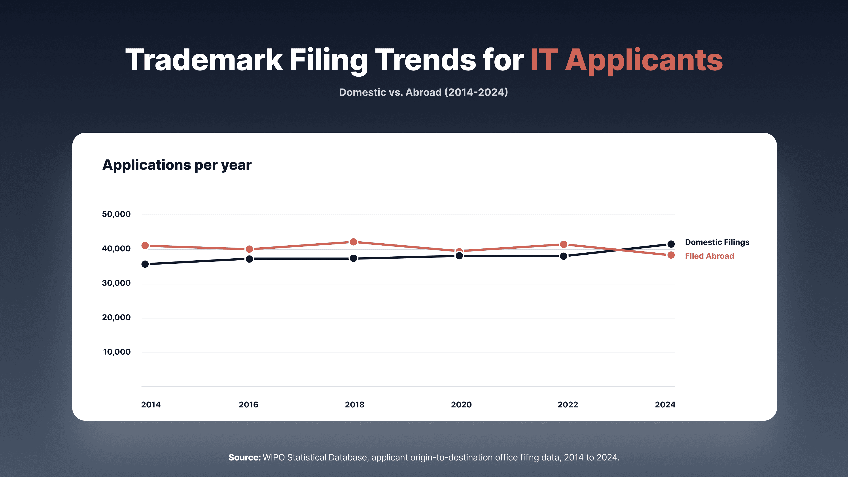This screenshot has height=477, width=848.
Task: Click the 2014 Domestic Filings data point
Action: (x=145, y=264)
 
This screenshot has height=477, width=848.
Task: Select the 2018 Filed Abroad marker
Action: (x=353, y=242)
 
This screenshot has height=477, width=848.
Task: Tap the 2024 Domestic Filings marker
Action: (x=671, y=244)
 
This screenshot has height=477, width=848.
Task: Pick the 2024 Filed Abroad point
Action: (x=671, y=255)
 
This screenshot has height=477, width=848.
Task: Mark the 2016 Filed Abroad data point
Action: (x=249, y=249)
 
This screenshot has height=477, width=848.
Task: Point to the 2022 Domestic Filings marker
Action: (x=564, y=256)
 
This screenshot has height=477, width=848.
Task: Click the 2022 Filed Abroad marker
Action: (x=564, y=244)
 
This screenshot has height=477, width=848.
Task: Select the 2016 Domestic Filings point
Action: (x=249, y=259)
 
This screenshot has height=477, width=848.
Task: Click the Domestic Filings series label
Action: (x=717, y=242)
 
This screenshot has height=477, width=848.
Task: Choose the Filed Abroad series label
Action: (x=709, y=256)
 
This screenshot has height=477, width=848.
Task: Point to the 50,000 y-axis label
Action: (x=116, y=214)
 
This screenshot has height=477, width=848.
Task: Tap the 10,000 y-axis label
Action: (x=117, y=352)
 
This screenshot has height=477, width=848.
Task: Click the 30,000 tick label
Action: (x=116, y=283)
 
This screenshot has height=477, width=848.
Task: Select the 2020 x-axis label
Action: (x=461, y=405)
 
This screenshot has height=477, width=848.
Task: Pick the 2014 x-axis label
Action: (x=151, y=405)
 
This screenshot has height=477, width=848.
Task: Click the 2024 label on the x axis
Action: (x=665, y=405)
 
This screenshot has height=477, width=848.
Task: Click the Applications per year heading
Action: (x=177, y=165)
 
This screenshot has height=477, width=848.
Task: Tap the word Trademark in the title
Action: (x=204, y=60)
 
